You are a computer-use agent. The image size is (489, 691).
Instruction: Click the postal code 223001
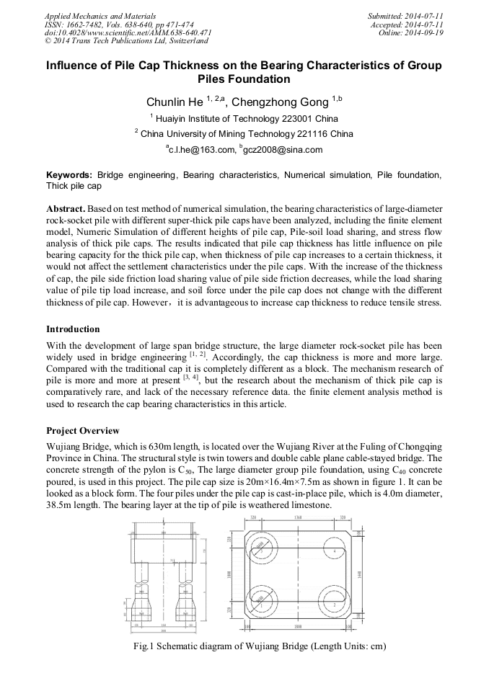pos(281,118)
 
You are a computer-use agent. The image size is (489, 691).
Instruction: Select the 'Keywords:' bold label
pos(69,175)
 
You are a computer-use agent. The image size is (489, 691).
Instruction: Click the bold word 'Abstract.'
pos(66,208)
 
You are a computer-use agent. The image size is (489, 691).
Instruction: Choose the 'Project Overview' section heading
pos(83,431)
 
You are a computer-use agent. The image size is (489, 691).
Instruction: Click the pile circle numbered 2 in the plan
pos(335,604)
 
